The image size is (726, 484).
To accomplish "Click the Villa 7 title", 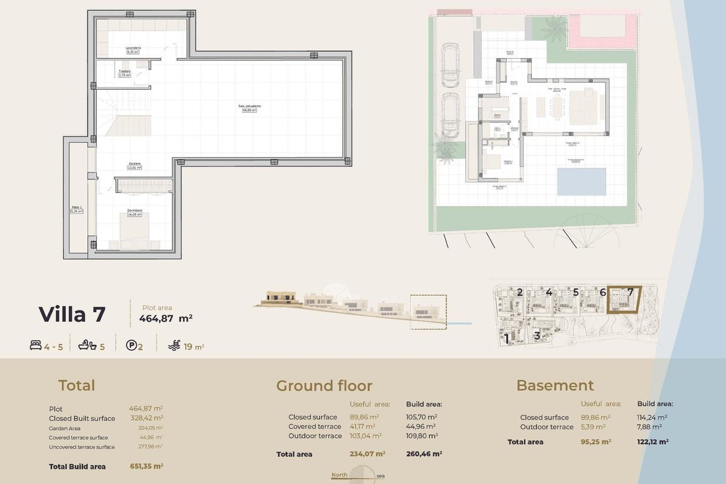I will pos(72,315).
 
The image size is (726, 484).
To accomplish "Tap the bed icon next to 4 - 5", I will pos(35,346).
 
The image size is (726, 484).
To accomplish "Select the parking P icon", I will pos(130,346).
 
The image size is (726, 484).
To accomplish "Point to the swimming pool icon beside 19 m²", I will pos(174,346).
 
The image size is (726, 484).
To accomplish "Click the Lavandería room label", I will pos(133,48).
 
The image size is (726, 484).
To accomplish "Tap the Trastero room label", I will pos(125,71).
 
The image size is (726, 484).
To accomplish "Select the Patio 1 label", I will pos(76,207).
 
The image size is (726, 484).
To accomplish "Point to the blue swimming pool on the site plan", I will pos(581,181).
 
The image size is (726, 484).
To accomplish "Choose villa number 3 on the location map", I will pos(537,336).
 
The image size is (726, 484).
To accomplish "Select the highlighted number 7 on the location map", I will pos(630,292).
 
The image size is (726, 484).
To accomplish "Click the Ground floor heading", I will pos(324,386).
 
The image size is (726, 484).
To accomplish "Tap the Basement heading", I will pos(555,385).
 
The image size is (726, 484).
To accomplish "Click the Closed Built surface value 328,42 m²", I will pos(146,418).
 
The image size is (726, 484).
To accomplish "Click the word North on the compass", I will pos(339,475).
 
